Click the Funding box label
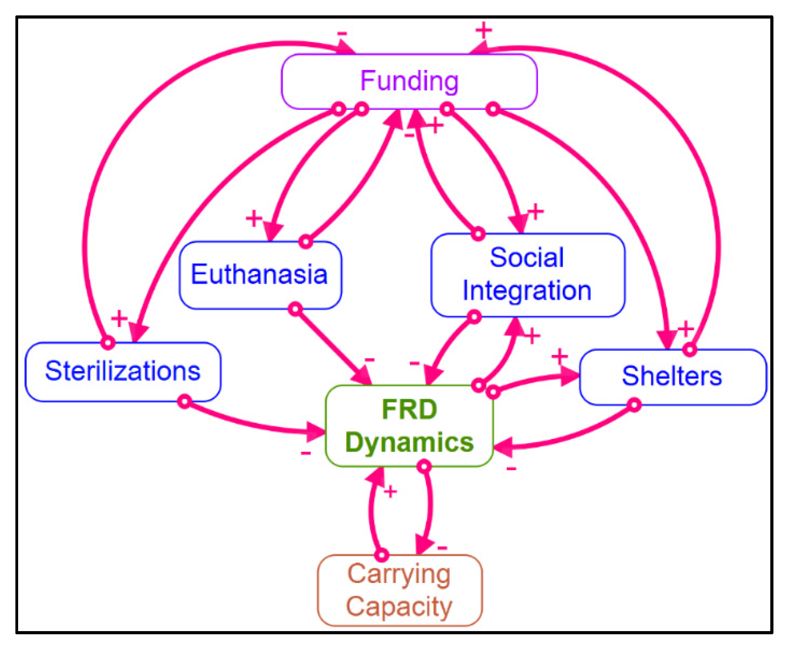[409, 81]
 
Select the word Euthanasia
[259, 274]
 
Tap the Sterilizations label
[123, 371]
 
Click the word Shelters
[672, 376]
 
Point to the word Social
[526, 258]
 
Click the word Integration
[526, 290]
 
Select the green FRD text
[409, 410]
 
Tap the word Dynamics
[409, 442]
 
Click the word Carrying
[399, 575]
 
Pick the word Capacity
[399, 607]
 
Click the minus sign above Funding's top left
[342, 34]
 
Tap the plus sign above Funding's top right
[483, 30]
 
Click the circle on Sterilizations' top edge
[108, 342]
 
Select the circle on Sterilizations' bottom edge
[184, 401]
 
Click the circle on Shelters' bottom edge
[634, 405]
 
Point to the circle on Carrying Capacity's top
[382, 555]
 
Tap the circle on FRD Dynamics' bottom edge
[424, 467]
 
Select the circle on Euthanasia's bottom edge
[295, 309]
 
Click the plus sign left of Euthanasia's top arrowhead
[254, 218]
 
